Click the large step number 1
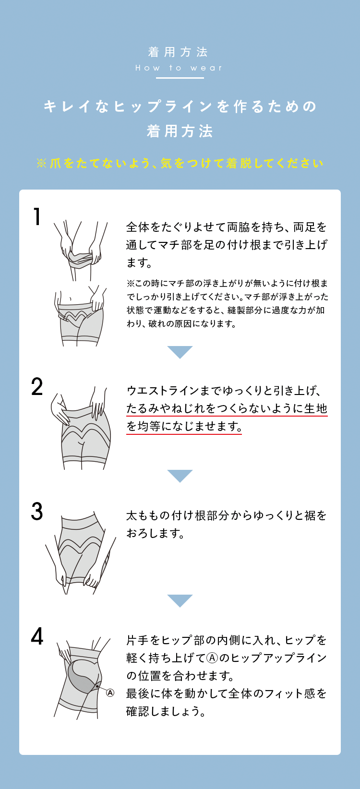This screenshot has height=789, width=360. click(x=37, y=216)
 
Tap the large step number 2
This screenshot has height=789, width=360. click(x=37, y=386)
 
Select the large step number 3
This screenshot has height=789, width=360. click(x=37, y=512)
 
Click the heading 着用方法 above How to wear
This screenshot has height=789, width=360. click(x=178, y=52)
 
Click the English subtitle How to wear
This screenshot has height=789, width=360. click(x=179, y=68)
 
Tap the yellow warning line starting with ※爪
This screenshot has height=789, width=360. click(x=180, y=163)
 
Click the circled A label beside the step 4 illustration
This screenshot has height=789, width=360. click(x=110, y=693)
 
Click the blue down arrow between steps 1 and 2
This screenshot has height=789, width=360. click(x=180, y=352)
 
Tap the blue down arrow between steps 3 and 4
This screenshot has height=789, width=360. click(x=180, y=600)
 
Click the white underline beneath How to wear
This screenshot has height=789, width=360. click(x=180, y=78)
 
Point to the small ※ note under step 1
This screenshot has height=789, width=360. click(x=228, y=303)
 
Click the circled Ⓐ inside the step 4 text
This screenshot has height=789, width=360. click(x=212, y=658)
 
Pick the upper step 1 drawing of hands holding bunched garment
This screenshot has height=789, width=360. click(x=80, y=250)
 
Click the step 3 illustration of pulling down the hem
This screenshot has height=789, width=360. click(x=80, y=553)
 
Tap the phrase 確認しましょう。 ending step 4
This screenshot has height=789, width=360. click(x=166, y=712)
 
